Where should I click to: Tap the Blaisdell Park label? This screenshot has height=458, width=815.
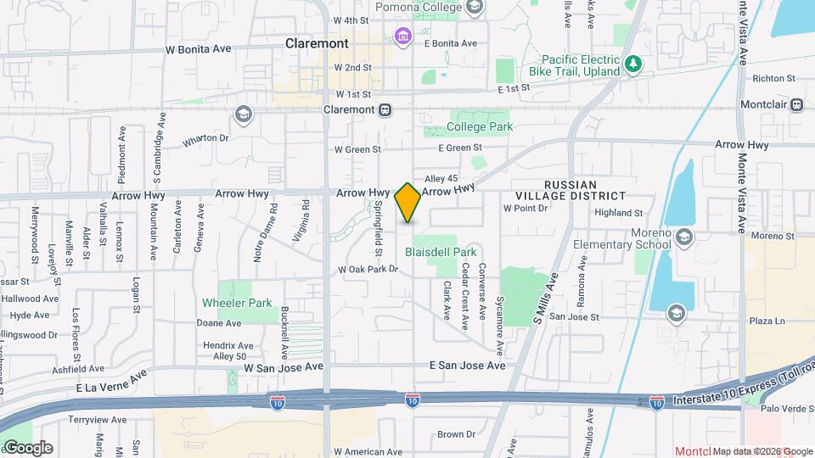click(x=441, y=252)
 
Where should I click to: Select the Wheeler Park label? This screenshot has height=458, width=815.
click(x=237, y=303)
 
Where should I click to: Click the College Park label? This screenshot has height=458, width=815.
click(x=480, y=127)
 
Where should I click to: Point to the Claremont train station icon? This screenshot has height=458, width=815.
click(x=385, y=109)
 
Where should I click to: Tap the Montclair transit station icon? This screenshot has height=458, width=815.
click(x=796, y=105)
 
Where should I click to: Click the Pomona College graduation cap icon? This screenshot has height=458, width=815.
click(x=475, y=8)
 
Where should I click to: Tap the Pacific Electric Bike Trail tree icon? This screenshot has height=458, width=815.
click(x=632, y=64)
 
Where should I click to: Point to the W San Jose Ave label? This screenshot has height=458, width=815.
click(x=284, y=368)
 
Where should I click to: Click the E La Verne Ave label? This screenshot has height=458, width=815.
click(x=111, y=381)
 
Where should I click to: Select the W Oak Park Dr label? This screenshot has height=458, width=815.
click(x=368, y=270)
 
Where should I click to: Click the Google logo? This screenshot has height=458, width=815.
click(x=28, y=448)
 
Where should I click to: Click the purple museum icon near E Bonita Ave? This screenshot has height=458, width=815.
click(x=402, y=36)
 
